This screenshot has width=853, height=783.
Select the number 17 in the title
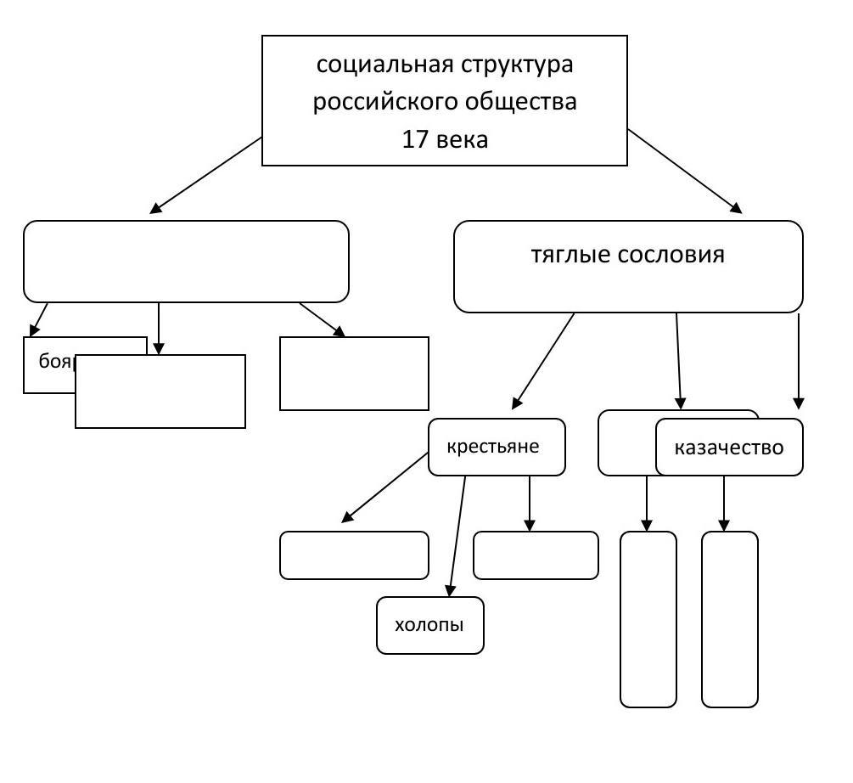point(415,139)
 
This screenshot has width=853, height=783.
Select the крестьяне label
point(493,447)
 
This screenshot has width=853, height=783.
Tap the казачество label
point(728,448)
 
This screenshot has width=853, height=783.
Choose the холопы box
point(429,626)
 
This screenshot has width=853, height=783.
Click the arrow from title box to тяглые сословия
point(684,171)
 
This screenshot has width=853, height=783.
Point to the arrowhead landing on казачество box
point(798,403)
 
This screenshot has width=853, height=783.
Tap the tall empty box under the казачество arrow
point(729,619)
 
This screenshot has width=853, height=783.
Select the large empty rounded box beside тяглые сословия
point(186,262)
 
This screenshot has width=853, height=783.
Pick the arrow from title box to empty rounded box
point(206,174)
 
